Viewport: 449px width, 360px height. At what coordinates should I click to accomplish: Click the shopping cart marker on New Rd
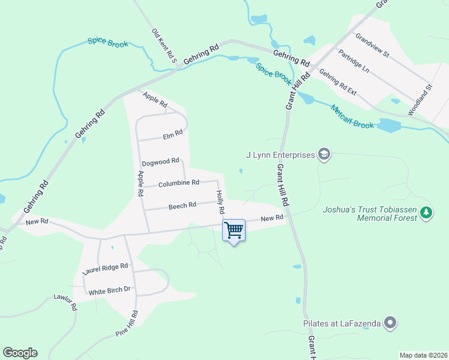tap(234, 229)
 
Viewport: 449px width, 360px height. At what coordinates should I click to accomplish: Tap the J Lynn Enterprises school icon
tap(324, 155)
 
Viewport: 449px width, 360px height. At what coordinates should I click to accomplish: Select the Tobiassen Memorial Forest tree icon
tap(426, 213)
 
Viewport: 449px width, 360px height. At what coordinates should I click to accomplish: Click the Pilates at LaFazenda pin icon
tap(390, 323)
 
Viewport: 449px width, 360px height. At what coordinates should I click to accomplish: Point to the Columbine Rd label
tap(178, 183)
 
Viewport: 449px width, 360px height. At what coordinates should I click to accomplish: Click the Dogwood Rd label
tap(160, 162)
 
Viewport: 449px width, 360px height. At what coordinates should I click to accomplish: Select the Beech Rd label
tap(182, 205)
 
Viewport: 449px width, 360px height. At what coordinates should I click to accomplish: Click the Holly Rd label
tap(220, 202)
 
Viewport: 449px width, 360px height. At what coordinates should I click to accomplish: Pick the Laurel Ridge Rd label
tap(105, 269)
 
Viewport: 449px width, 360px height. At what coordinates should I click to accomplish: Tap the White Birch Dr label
tap(109, 291)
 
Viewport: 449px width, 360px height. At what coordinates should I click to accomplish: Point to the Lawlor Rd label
tap(65, 302)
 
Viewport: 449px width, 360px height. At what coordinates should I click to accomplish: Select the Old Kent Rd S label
tap(164, 46)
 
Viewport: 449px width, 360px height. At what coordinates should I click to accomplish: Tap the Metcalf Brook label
tap(352, 116)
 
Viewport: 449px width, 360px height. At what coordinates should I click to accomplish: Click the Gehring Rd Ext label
tap(338, 83)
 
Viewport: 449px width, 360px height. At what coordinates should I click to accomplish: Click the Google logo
tap(20, 353)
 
